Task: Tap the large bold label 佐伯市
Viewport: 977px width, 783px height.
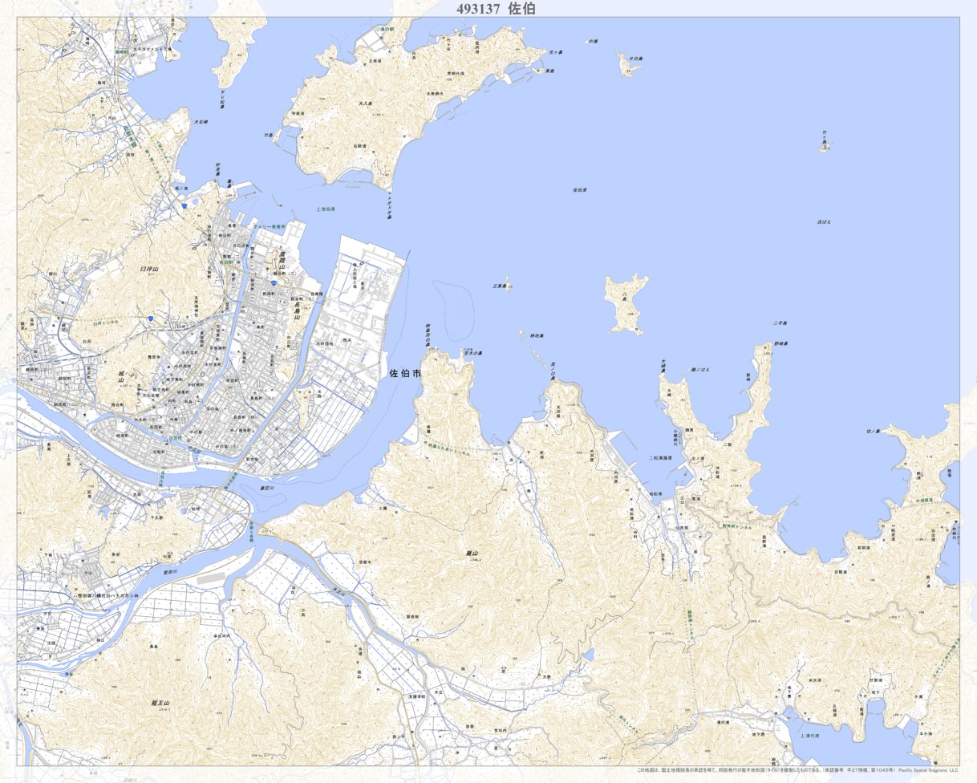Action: pyautogui.click(x=404, y=374)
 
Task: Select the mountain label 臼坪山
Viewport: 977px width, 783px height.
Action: pyautogui.click(x=149, y=270)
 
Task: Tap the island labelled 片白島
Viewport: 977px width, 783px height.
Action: pyautogui.click(x=634, y=59)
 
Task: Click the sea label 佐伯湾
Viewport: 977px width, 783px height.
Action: pyautogui.click(x=579, y=190)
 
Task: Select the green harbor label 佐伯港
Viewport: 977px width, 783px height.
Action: pyautogui.click(x=326, y=209)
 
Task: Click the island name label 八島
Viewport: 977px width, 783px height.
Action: pyautogui.click(x=626, y=295)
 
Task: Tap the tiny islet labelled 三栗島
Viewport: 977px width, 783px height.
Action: pyautogui.click(x=500, y=285)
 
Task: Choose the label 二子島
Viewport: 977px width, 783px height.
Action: pyautogui.click(x=780, y=323)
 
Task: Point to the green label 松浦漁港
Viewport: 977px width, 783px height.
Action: pyautogui.click(x=660, y=458)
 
